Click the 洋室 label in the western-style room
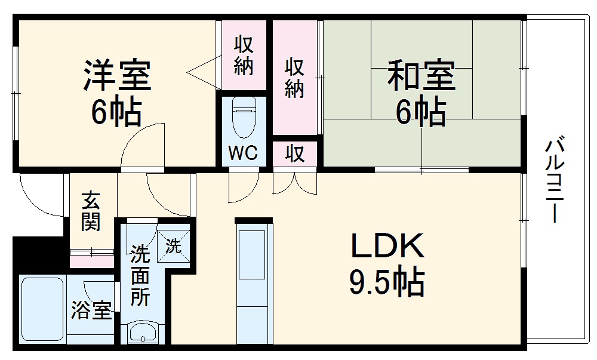(x=117, y=75)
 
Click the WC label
(x=243, y=153)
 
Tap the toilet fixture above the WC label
(x=243, y=116)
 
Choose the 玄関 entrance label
(x=91, y=211)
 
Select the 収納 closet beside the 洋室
(x=243, y=56)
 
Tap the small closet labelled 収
(x=294, y=154)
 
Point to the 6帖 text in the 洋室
(x=117, y=111)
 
